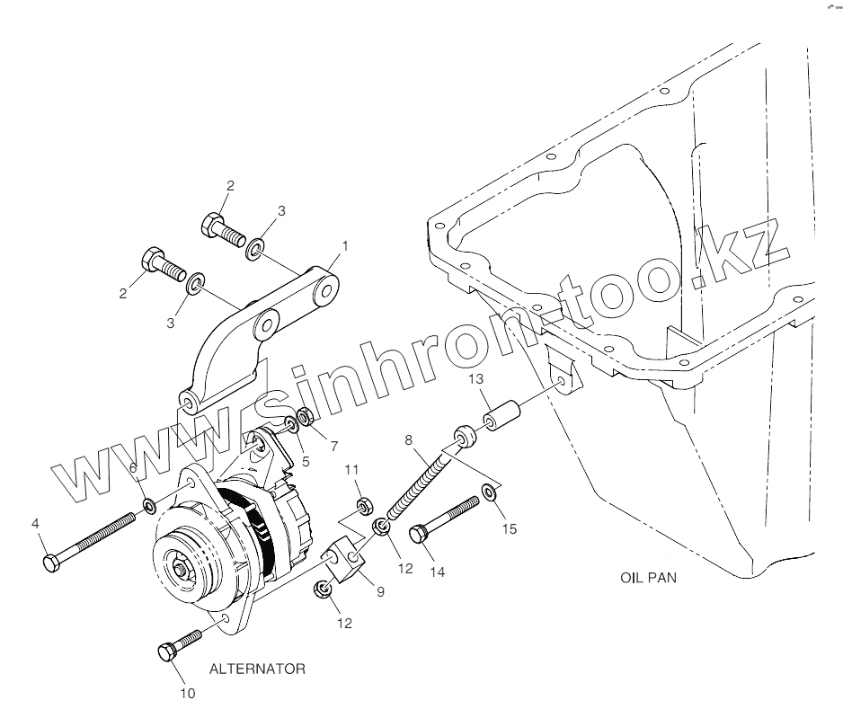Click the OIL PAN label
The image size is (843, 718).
click(648, 578)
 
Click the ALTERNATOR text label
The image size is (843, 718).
click(256, 669)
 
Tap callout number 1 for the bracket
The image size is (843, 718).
click(345, 245)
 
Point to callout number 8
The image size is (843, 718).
click(410, 440)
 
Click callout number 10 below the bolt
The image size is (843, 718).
click(187, 693)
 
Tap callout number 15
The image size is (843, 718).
click(510, 528)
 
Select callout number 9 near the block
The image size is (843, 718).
click(379, 591)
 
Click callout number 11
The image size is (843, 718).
click(352, 469)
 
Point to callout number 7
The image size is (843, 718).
click(333, 446)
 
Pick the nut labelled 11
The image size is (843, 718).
click(364, 505)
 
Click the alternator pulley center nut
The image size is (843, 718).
click(182, 571)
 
